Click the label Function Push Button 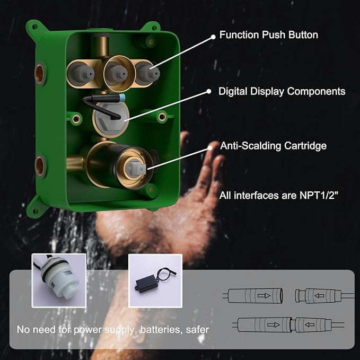point(269,35)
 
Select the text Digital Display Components point(282,91)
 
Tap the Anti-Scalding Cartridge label point(273,145)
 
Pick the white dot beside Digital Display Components point(208,92)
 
